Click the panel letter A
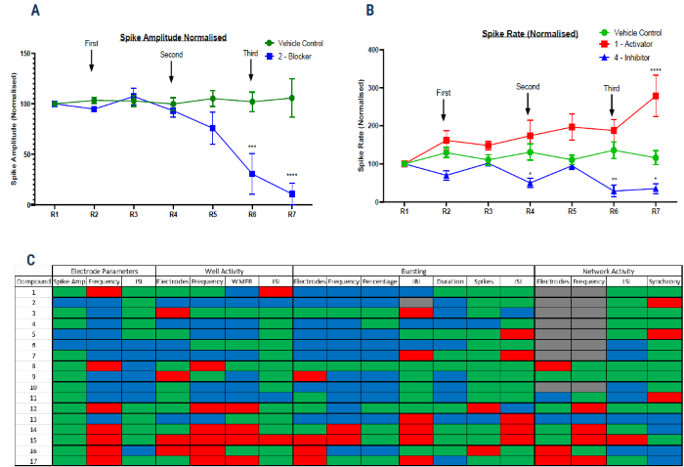(x=36, y=11)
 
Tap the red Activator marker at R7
(x=655, y=96)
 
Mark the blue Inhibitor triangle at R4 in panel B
(x=529, y=183)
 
